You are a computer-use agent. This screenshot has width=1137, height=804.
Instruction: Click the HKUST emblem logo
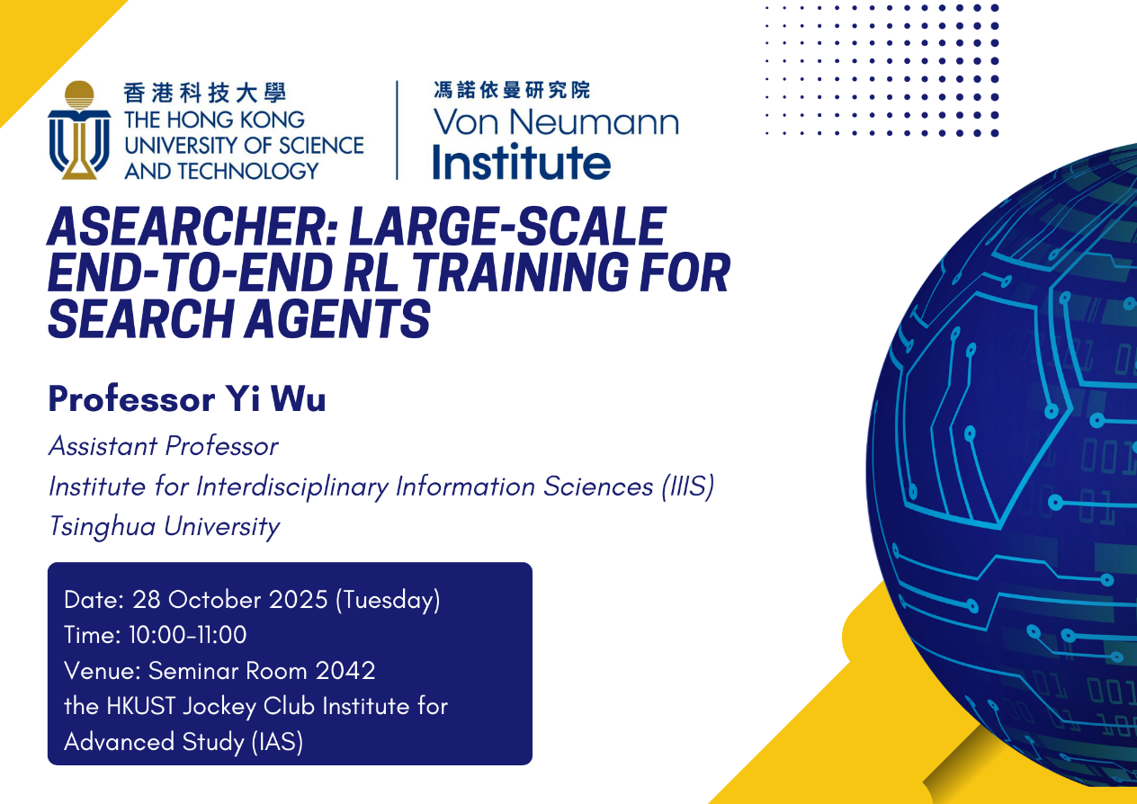click(79, 130)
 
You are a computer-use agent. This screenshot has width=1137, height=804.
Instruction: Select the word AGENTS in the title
click(337, 318)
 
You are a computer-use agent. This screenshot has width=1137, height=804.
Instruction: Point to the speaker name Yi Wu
click(275, 399)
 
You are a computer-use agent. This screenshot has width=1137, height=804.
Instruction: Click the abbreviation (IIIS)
click(688, 487)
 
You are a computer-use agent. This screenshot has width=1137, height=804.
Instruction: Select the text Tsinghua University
click(165, 526)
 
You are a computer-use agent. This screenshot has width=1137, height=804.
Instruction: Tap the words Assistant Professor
click(164, 446)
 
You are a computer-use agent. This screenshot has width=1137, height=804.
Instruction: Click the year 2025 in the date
click(298, 600)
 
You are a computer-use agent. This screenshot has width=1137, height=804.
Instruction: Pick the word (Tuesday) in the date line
click(388, 600)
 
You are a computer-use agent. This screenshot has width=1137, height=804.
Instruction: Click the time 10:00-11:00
click(187, 634)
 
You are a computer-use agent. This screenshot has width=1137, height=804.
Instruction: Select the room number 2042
click(345, 671)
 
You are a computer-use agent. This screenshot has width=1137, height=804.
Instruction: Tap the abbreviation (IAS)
click(277, 742)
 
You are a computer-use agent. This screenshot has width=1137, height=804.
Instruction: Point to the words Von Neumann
click(556, 121)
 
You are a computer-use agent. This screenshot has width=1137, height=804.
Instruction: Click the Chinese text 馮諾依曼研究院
click(512, 90)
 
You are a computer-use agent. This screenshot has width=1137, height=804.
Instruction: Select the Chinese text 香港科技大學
click(205, 93)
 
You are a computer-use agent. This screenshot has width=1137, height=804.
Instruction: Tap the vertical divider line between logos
click(397, 130)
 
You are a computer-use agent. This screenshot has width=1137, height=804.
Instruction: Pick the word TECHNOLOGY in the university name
click(247, 171)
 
